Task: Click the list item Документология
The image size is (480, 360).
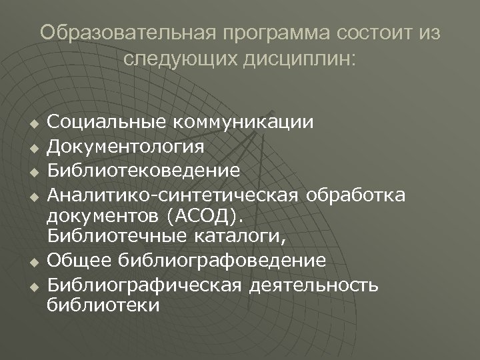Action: click(x=127, y=146)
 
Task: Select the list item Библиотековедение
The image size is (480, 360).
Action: click(x=144, y=169)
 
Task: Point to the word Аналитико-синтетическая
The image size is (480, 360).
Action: click(x=175, y=193)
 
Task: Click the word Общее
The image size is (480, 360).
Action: click(x=79, y=260)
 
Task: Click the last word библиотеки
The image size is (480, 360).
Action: click(x=103, y=306)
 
